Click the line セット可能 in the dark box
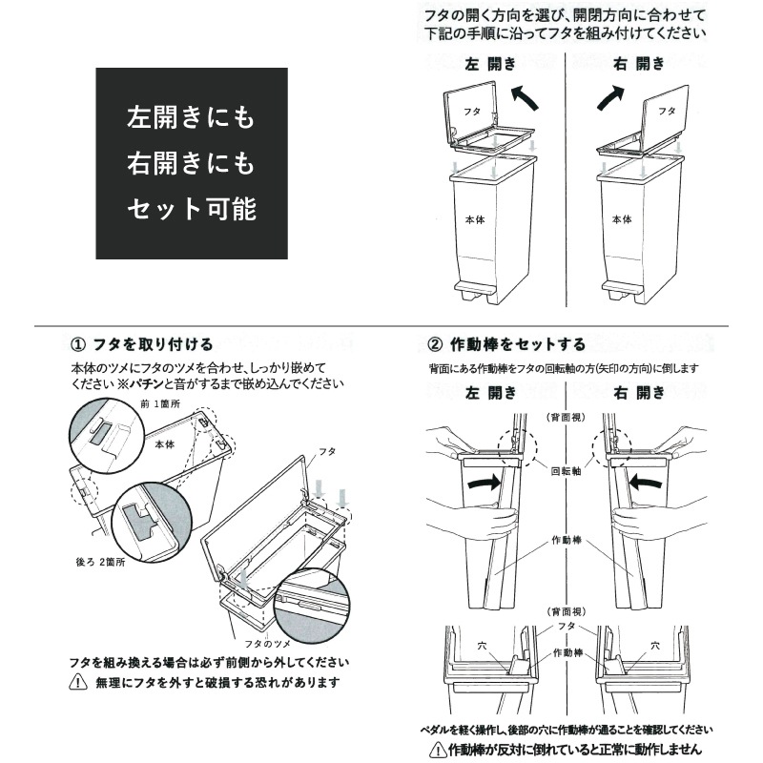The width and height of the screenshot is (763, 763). (x=192, y=208)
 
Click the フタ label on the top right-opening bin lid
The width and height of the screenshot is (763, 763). (x=666, y=111)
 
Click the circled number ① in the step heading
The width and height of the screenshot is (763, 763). (x=80, y=343)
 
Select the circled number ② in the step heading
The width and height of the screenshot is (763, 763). (x=435, y=343)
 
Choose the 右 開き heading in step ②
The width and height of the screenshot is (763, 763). (x=639, y=392)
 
